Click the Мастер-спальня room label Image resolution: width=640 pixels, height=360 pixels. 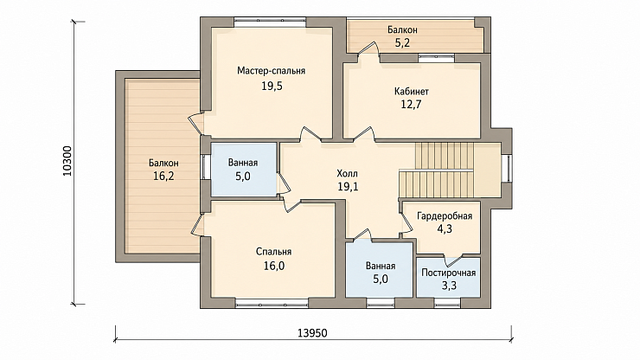[271, 71]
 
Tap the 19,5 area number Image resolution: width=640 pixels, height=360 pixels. [272, 87]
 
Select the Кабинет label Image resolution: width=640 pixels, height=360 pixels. [412, 91]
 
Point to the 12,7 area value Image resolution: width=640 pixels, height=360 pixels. [411, 105]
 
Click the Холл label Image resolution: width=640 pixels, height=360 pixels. [348, 173]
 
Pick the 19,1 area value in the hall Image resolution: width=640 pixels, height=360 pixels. [348, 187]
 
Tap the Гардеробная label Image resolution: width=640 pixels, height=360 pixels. [445, 216]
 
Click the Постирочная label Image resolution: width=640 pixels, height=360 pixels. [449, 273]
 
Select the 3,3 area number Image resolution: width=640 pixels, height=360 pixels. [449, 286]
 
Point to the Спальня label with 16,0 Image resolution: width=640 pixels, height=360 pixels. [273, 252]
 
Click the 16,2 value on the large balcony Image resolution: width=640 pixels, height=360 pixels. [163, 177]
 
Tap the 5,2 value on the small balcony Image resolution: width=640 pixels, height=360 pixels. [402, 43]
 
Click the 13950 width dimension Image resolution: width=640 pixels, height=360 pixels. [312, 333]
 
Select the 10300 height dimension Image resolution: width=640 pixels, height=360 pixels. [67, 162]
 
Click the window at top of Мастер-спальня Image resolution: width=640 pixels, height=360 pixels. [270, 22]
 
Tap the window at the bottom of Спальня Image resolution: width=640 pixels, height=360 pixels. [272, 303]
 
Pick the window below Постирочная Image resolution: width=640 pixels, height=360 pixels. [447, 303]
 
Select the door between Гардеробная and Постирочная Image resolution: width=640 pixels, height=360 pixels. [452, 259]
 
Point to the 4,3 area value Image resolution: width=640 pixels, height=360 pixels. [445, 229]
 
